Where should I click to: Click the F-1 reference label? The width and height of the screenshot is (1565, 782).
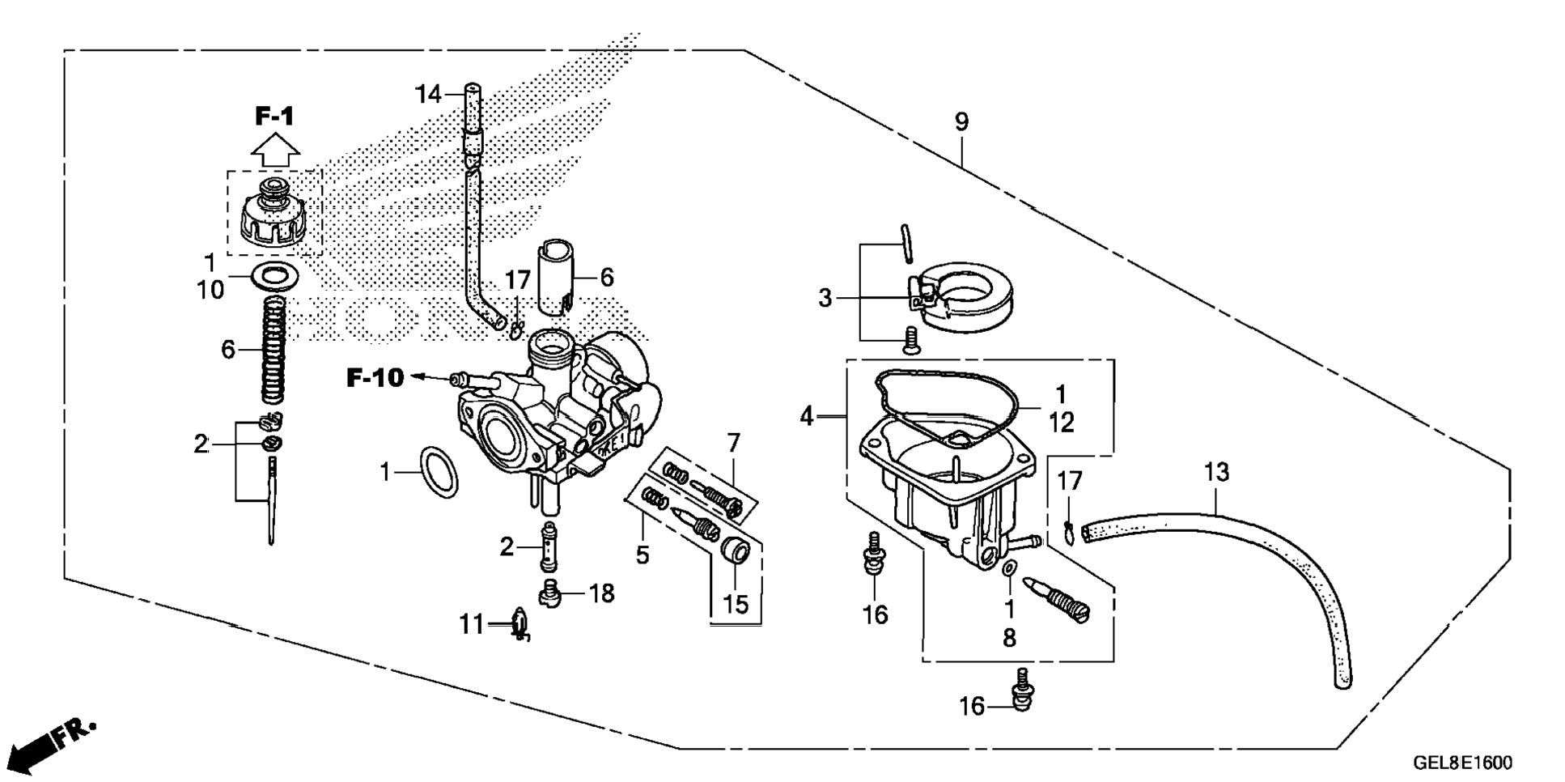[274, 117]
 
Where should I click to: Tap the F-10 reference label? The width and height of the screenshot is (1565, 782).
[375, 377]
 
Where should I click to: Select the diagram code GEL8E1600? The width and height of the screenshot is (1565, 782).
[1461, 763]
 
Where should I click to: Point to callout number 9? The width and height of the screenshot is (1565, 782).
[961, 122]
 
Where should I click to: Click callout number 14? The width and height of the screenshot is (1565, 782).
[429, 95]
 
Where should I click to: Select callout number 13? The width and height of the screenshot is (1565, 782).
[1216, 472]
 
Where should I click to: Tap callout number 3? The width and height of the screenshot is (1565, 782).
[825, 299]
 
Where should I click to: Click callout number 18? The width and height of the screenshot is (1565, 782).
[601, 593]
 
